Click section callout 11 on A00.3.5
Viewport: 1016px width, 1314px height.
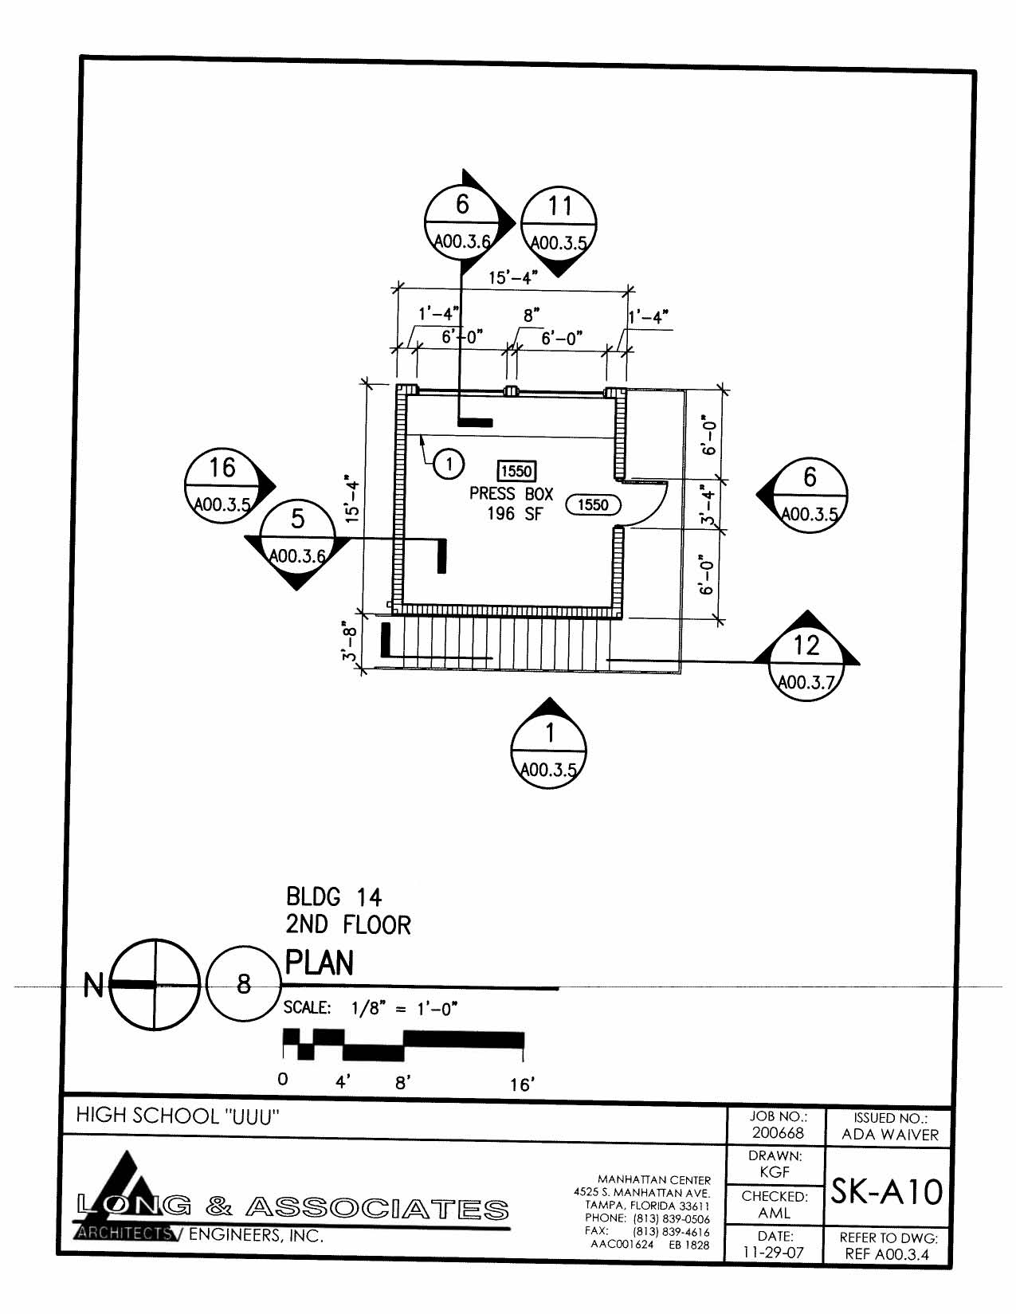coord(559,224)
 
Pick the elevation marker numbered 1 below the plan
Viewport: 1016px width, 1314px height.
coord(549,750)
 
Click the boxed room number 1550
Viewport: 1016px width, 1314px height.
coord(516,471)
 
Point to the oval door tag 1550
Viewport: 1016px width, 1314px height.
coord(593,504)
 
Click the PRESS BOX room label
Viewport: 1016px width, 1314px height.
coord(511,494)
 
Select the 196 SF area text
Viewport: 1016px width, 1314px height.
coord(514,515)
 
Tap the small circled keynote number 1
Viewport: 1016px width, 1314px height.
coord(449,463)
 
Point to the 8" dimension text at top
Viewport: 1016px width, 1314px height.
coord(532,316)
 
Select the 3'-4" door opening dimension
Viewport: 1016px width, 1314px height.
coord(708,505)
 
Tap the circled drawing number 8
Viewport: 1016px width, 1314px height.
coord(244,984)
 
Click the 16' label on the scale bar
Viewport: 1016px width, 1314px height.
coord(522,1085)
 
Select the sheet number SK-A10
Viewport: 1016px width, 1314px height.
coord(887,1192)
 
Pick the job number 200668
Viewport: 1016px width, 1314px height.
coord(778,1133)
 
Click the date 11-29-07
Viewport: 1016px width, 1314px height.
coord(774,1252)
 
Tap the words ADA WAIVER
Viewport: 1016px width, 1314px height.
coord(890,1135)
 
